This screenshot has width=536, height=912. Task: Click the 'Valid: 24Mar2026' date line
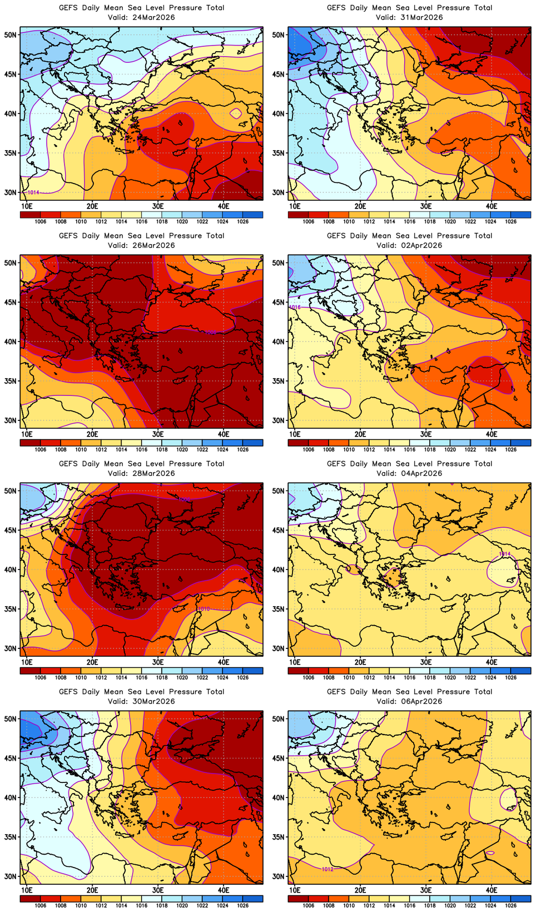(141, 17)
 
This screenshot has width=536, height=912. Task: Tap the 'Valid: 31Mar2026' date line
(409, 17)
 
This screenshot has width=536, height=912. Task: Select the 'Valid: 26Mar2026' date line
(141, 245)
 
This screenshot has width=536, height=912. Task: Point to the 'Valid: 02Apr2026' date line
(409, 245)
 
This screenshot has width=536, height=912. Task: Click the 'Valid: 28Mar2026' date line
(141, 473)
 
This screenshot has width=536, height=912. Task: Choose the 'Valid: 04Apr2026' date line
(409, 473)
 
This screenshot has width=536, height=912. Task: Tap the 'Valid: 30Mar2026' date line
(141, 701)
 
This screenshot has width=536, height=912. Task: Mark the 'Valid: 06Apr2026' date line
(409, 701)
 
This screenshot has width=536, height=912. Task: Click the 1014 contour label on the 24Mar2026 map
(33, 192)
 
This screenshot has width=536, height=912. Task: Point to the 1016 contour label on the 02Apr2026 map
(295, 307)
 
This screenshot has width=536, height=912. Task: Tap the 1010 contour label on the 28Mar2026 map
(204, 609)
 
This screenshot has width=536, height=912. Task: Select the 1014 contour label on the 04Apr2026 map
(504, 554)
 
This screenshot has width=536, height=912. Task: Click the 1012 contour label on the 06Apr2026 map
(327, 869)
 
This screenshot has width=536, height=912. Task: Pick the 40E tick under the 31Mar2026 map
(492, 206)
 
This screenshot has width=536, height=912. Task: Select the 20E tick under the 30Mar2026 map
(92, 890)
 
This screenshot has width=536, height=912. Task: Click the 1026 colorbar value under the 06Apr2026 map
(511, 906)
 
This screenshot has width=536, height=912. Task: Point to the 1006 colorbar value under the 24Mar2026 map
(41, 222)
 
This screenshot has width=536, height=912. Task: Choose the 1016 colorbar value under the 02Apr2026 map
(410, 450)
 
